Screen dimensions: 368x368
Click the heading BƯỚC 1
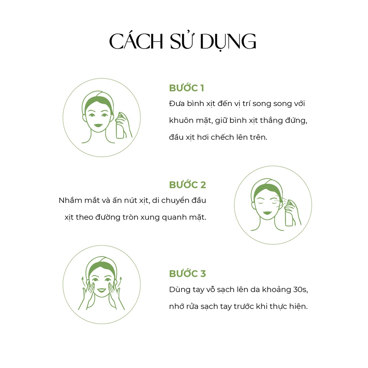pos(187,88)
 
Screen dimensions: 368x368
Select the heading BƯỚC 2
pos(187,185)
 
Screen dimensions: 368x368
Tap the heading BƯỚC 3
pos(187,273)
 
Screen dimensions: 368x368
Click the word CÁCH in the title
pos(136,41)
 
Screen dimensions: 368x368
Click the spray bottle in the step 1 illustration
pos(120,126)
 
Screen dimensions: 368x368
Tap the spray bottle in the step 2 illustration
pos(289,213)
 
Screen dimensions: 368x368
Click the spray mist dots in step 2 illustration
pos(281,201)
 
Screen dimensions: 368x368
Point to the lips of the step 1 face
pos(98,125)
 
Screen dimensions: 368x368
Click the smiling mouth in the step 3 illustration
pos(102,290)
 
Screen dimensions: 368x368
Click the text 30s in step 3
pos(300,289)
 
